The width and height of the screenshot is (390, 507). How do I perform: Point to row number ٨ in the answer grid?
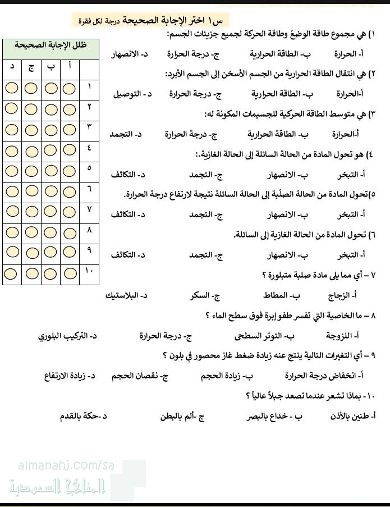point(89,230)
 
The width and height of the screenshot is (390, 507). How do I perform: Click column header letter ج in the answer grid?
point(31,67)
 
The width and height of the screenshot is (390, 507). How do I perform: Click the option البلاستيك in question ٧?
point(126,294)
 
